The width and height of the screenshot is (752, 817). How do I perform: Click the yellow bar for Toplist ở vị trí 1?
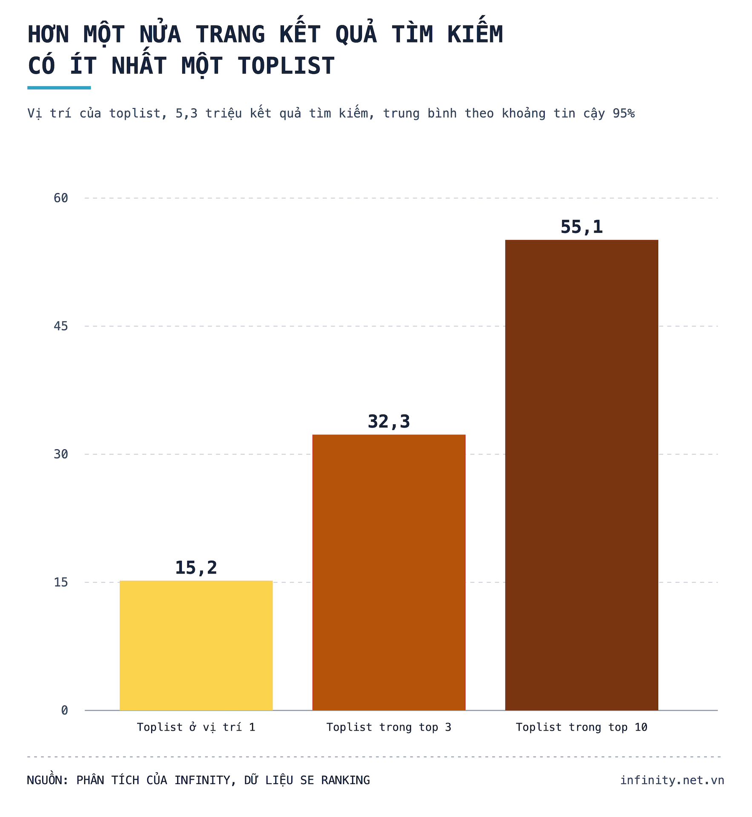point(196,646)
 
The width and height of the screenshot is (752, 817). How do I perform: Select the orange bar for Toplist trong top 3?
point(389,572)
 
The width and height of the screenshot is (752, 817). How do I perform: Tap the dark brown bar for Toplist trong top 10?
point(582,475)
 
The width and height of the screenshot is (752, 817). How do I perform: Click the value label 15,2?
point(196,568)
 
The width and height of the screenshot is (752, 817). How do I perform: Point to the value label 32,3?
point(389,422)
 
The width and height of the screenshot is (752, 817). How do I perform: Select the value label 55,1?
point(582,227)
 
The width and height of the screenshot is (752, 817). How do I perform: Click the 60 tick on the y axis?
point(61,198)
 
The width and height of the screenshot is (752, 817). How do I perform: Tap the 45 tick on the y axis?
point(61,326)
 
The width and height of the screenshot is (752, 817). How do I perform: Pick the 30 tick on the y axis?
point(61,454)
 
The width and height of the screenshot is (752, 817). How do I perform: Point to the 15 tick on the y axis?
point(61,582)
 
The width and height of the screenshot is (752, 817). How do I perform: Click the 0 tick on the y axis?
point(64,710)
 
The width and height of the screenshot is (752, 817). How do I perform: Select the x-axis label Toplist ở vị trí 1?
point(196,727)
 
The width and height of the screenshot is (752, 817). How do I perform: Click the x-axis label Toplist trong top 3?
point(389,728)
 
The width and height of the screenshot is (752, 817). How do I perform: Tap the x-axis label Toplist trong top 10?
point(582,728)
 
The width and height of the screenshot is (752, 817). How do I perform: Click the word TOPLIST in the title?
point(286,66)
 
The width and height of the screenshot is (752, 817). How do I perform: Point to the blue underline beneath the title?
point(59,88)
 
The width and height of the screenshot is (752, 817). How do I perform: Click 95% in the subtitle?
point(624,113)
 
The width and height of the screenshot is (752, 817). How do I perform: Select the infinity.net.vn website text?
point(672,780)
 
